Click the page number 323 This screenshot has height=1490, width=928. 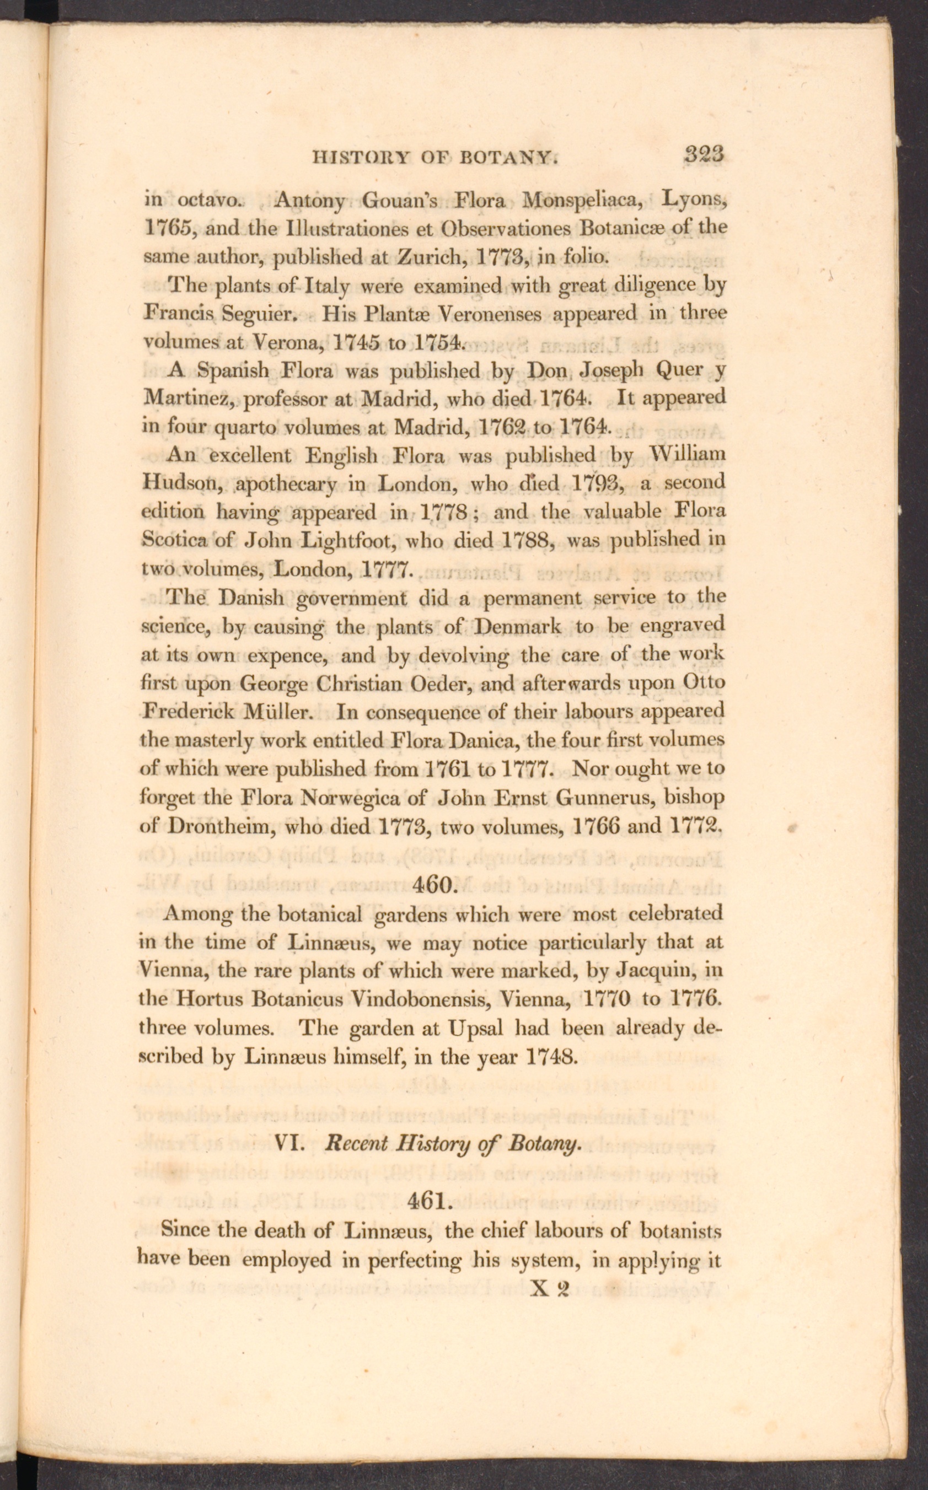click(705, 154)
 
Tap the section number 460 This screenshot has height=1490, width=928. click(433, 885)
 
